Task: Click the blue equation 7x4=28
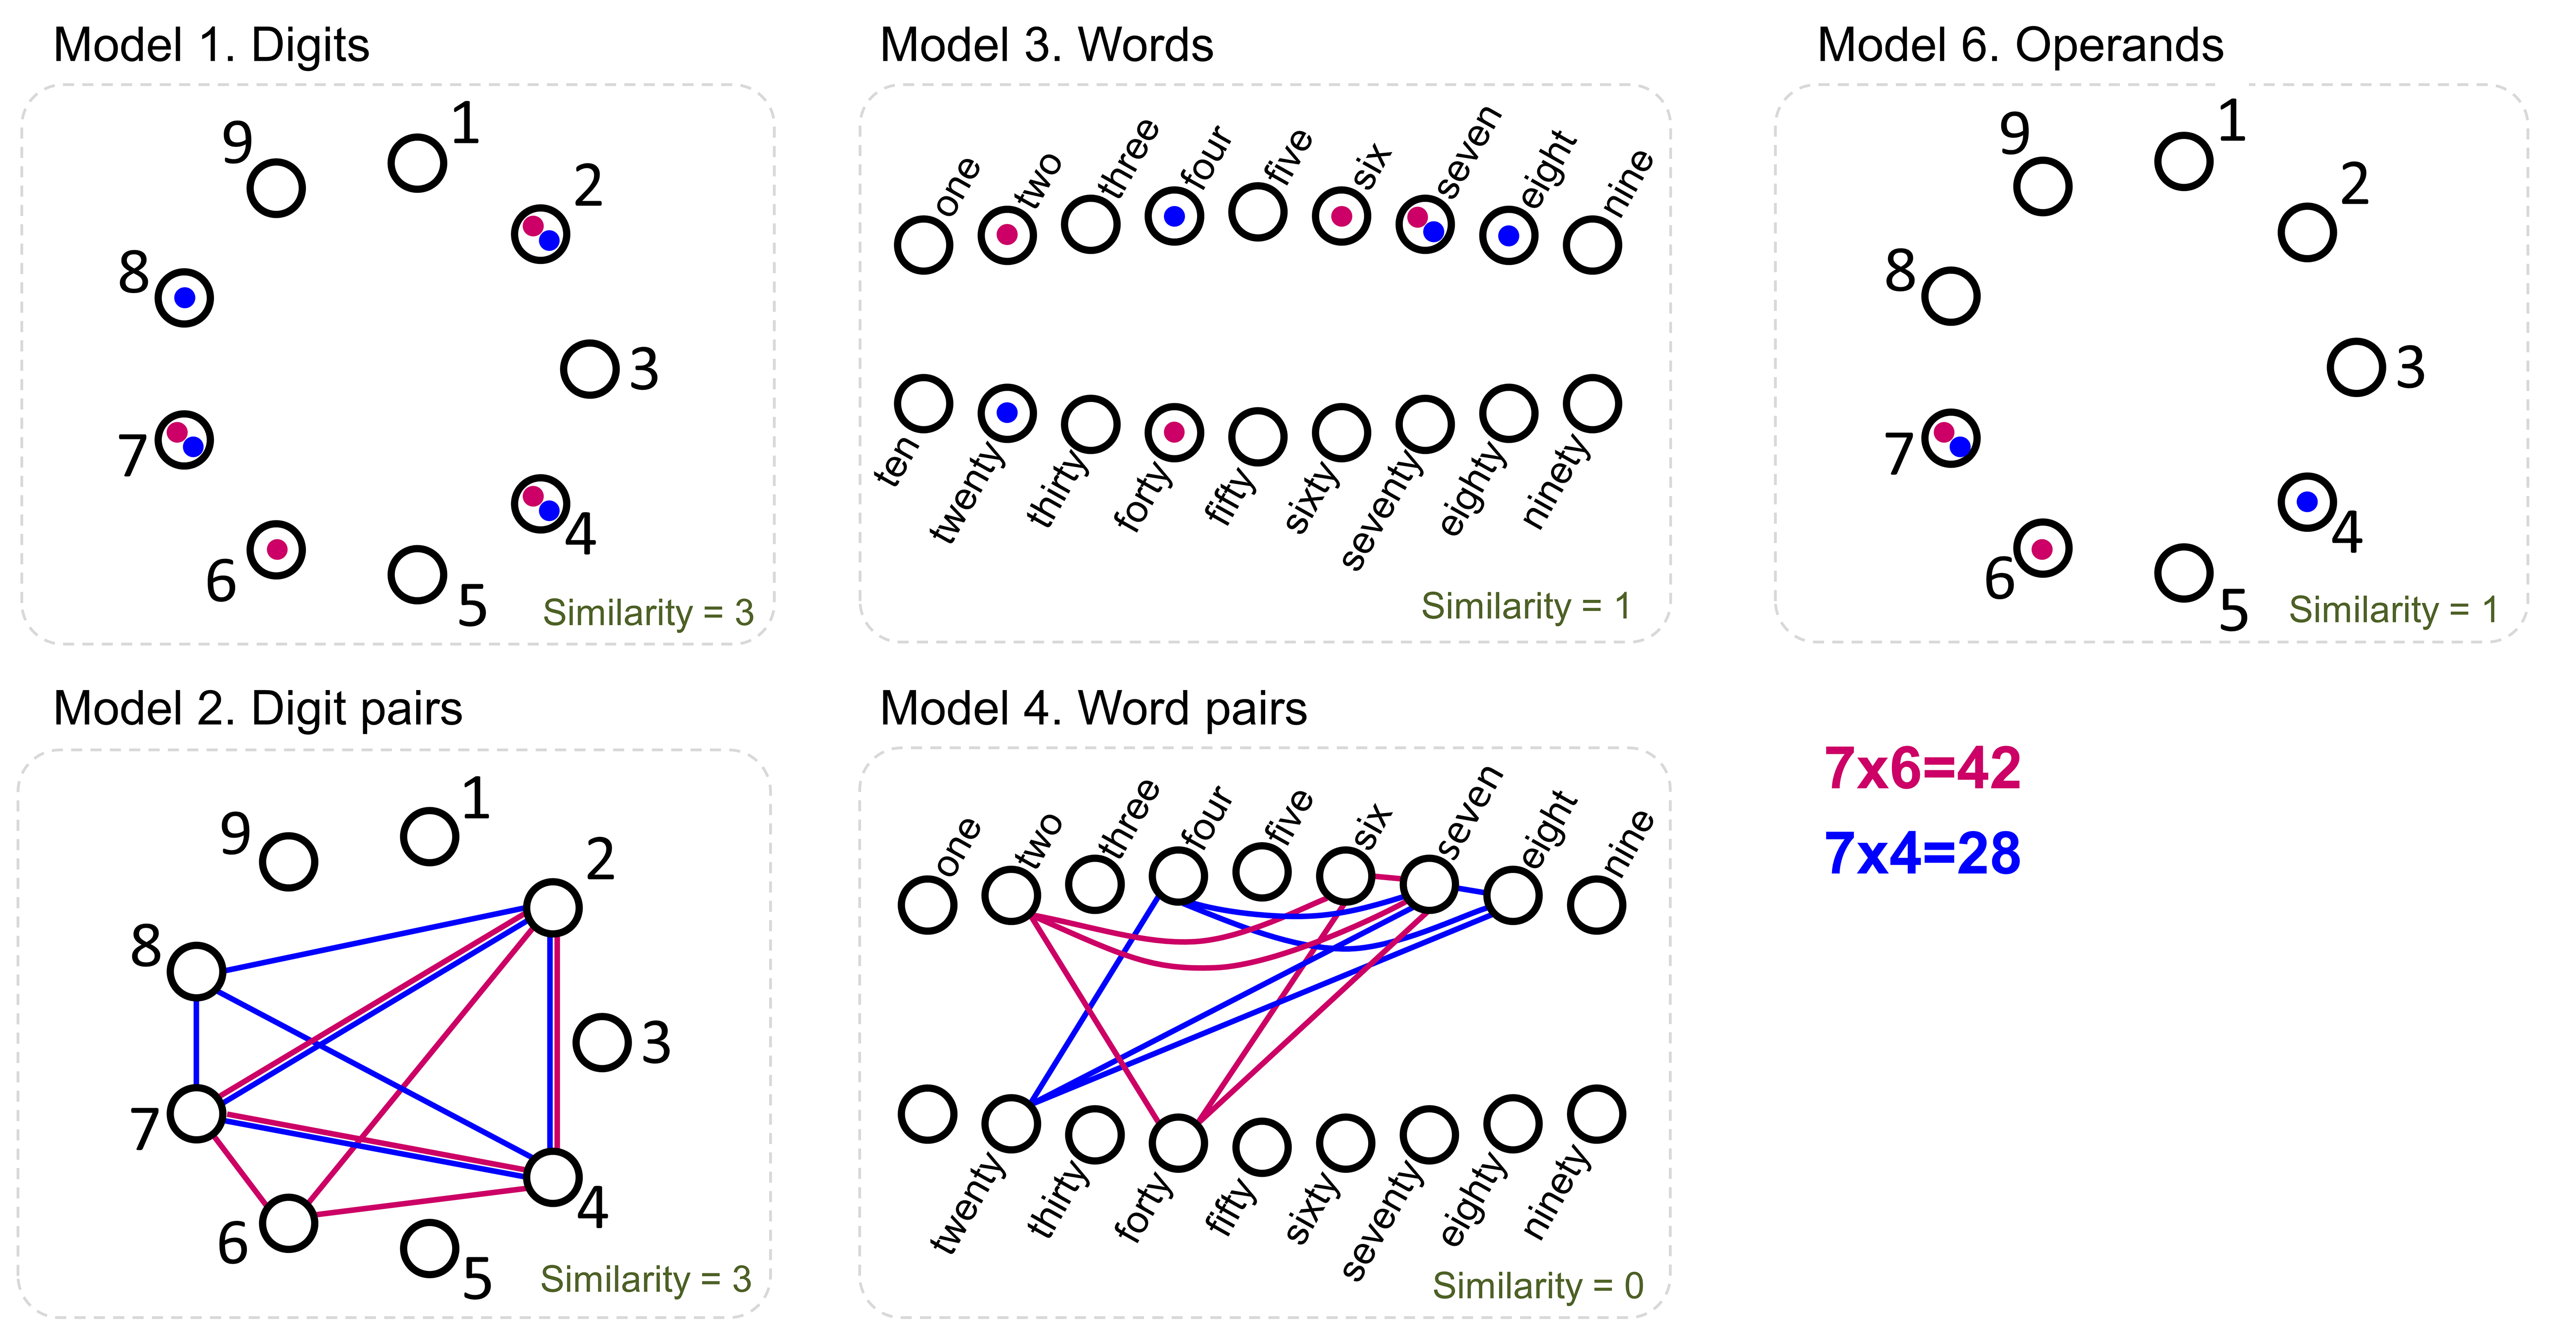point(1922,853)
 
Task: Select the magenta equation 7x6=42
point(1922,768)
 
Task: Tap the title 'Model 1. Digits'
point(212,46)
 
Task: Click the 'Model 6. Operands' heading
point(2020,46)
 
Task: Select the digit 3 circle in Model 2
point(602,1042)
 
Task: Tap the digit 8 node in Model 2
point(196,971)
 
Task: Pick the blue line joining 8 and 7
point(196,1042)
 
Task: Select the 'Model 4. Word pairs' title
point(1094,709)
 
